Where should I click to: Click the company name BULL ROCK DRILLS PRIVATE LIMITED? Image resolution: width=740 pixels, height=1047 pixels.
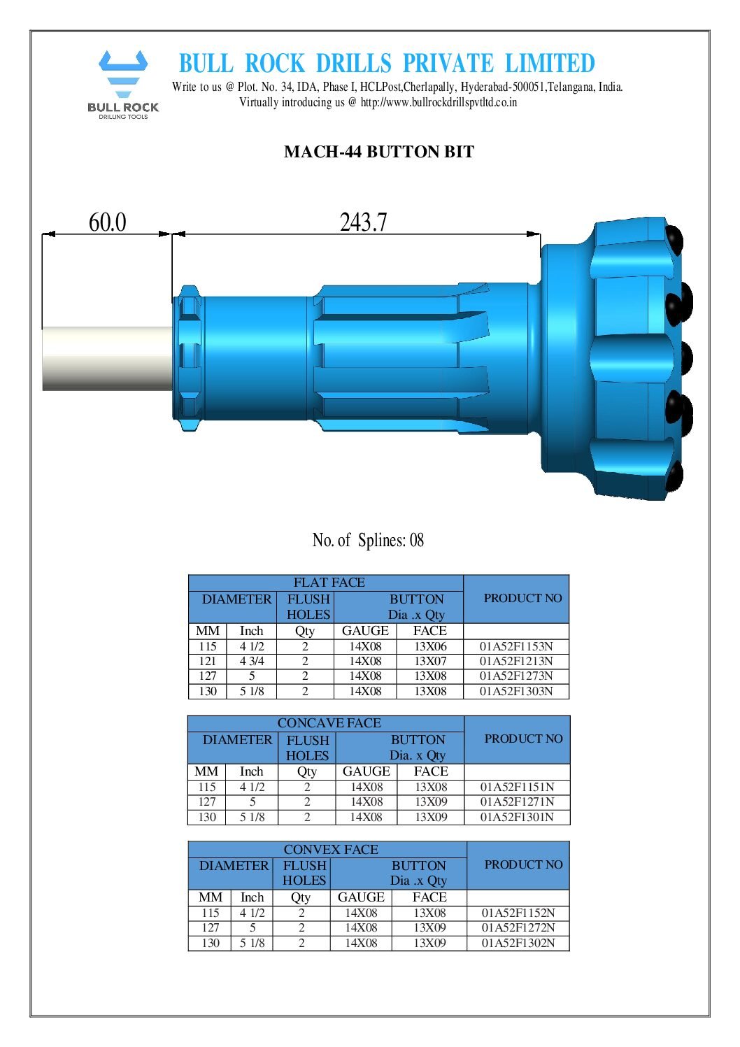coord(386,64)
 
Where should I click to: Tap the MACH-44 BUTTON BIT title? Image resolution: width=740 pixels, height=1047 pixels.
coord(378,152)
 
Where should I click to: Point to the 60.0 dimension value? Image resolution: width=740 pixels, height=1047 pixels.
coord(107,222)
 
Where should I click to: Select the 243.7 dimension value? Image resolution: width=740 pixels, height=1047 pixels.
coord(363,222)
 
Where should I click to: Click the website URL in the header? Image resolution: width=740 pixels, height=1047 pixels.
coord(439,102)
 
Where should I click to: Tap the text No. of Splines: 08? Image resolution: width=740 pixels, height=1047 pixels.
coord(368,540)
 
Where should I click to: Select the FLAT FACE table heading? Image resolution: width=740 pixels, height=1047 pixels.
coord(329,583)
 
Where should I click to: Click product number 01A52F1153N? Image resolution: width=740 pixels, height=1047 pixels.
coord(516,646)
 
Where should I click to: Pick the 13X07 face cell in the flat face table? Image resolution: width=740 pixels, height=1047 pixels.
coord(430,661)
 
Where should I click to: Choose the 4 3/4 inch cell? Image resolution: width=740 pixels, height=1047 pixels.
coord(252,661)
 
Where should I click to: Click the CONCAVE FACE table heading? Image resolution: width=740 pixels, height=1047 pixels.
coord(329,723)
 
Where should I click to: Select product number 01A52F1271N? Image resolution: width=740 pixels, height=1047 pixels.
coord(517,802)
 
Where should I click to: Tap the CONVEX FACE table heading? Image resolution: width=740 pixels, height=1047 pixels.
coord(331,849)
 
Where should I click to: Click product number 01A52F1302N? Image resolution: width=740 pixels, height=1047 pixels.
coord(518,943)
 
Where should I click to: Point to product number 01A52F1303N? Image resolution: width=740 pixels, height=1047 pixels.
coord(516,691)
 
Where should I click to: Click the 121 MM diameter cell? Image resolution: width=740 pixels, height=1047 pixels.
coord(208,661)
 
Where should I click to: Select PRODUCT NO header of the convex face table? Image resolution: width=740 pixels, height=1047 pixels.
coord(523,864)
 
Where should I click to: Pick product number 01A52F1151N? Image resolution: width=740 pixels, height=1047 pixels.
coord(517,787)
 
